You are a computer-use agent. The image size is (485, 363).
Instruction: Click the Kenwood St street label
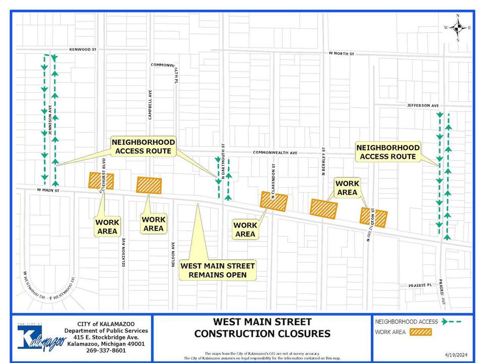[83, 49]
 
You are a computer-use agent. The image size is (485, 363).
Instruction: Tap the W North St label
[342, 53]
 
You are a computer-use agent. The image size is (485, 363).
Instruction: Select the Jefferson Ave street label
[423, 105]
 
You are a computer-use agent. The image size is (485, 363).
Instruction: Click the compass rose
[458, 28]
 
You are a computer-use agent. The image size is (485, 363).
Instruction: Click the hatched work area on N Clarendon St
[274, 201]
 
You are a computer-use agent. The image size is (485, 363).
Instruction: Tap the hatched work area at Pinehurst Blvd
[101, 180]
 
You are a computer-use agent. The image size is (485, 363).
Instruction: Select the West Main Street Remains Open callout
[218, 270]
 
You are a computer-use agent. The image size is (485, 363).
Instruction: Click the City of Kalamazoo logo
[41, 337]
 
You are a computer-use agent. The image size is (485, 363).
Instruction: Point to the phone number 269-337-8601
[106, 351]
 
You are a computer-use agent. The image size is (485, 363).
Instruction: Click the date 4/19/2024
[457, 355]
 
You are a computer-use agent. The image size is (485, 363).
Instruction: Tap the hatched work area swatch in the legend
[421, 332]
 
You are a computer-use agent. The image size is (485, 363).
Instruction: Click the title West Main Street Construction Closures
[262, 328]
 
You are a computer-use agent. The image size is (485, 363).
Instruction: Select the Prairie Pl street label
[420, 285]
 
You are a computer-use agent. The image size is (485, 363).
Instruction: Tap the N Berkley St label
[322, 161]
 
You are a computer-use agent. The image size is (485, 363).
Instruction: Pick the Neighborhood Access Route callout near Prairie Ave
[388, 152]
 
